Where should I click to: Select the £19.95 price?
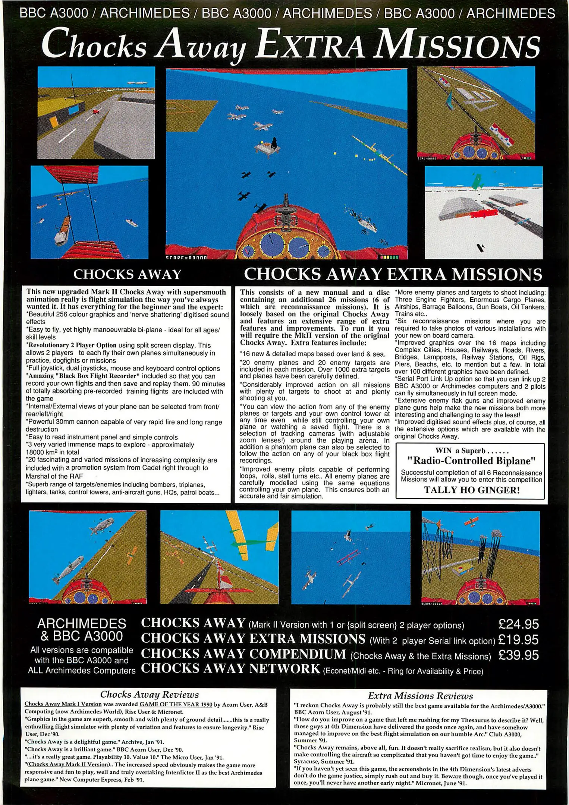518,640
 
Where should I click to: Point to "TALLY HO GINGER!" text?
472,490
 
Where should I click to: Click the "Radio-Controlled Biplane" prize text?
471,461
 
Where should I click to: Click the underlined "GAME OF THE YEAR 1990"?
176,704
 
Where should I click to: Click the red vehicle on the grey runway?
96,111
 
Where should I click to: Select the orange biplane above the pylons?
472,522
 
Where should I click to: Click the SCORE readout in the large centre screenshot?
186,257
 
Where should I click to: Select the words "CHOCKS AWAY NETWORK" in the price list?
231,669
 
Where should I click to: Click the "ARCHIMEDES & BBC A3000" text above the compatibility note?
82,629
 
